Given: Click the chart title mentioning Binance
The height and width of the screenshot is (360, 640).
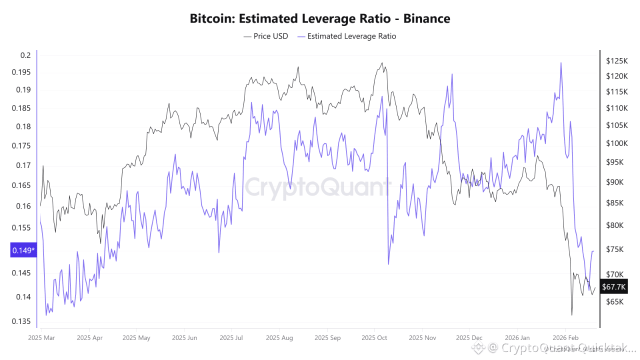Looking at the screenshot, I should (x=320, y=19).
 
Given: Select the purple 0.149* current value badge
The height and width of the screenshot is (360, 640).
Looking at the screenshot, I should (x=23, y=250).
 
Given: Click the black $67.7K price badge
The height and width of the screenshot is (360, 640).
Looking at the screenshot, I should (x=614, y=286).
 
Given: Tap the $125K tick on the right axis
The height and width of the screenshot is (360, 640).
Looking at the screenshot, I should (x=616, y=61).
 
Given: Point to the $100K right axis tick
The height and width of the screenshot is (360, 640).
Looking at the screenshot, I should (x=616, y=143).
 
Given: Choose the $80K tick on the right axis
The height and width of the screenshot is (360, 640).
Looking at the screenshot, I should (x=614, y=225).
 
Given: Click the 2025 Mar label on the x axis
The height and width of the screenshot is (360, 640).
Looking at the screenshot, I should (x=41, y=337).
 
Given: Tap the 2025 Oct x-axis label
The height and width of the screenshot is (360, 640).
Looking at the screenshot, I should (x=374, y=337).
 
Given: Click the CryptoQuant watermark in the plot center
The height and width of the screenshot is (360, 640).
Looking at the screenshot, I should (x=317, y=187).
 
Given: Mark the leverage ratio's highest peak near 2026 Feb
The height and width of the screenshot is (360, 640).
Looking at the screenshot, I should (x=561, y=63).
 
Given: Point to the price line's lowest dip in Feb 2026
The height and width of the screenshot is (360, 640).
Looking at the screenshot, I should (x=571, y=315).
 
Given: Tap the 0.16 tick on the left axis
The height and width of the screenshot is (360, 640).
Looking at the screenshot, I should (x=23, y=206).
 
